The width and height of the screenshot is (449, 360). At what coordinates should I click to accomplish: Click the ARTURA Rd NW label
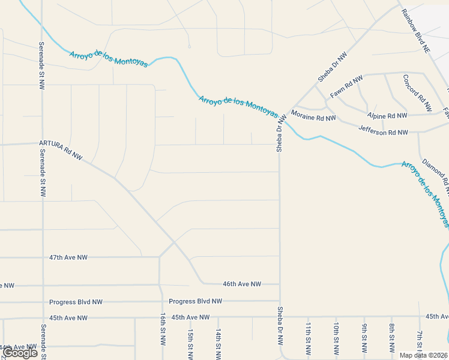pyautogui.click(x=61, y=150)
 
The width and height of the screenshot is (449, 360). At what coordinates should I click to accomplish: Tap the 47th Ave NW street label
pyautogui.click(x=68, y=257)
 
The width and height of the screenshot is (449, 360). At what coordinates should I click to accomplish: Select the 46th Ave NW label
pyautogui.click(x=242, y=284)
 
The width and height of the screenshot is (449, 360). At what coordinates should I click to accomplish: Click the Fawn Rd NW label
pyautogui.click(x=346, y=87)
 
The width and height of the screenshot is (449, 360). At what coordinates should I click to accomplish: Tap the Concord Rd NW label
pyautogui.click(x=417, y=93)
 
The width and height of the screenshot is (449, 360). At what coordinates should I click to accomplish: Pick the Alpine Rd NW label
pyautogui.click(x=387, y=115)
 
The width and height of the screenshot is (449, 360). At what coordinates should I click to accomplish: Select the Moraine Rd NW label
pyautogui.click(x=313, y=116)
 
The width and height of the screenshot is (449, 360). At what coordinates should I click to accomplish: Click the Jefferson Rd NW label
pyautogui.click(x=383, y=130)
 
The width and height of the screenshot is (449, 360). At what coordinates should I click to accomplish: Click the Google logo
pyautogui.click(x=20, y=353)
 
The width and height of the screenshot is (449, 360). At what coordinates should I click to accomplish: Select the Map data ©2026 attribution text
pyautogui.click(x=423, y=355)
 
